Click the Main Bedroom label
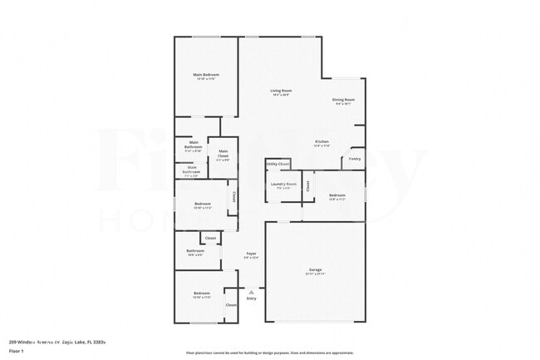[205, 75]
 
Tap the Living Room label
[281, 91]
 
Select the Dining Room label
[344, 100]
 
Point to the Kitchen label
[322, 141]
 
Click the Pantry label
[355, 158]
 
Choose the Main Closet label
[223, 151]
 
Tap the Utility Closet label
[278, 165]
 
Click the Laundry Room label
[284, 183]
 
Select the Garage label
[316, 270]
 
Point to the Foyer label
[251, 253]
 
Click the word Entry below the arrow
[251, 298]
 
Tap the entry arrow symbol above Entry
[251, 291]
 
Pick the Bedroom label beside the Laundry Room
[336, 195]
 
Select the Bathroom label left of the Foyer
[195, 250]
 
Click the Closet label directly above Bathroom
[211, 239]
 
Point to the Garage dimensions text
[316, 275]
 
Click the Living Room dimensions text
[281, 96]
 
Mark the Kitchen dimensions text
[322, 145]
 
